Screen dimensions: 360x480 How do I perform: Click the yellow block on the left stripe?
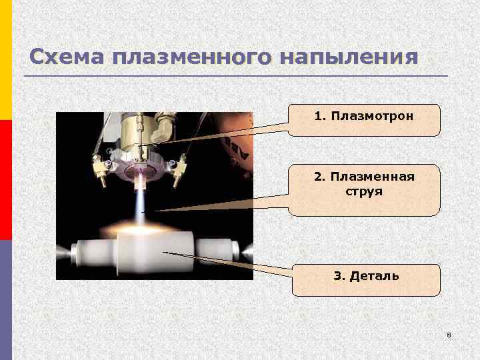[x=5, y=60]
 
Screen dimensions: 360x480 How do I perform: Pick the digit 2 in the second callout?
[x=317, y=177]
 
